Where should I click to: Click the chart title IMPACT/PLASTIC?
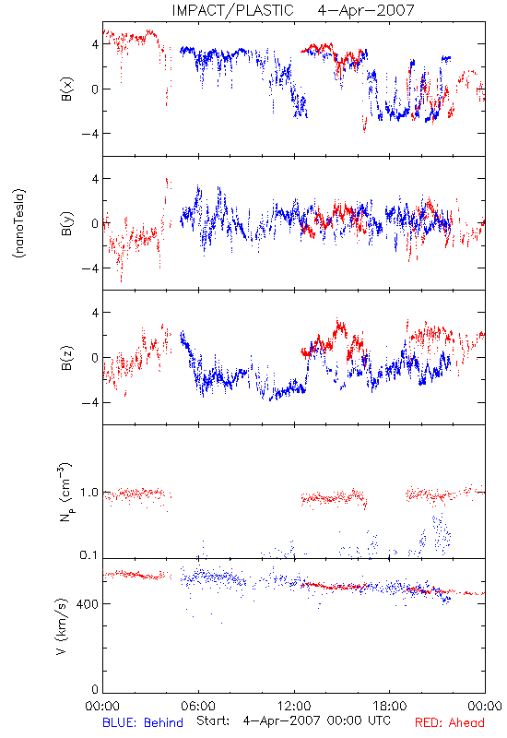pos(232,10)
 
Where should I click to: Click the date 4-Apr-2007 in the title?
pos(366,10)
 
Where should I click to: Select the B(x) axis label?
pos(67,89)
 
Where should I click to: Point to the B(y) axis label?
pos(67,223)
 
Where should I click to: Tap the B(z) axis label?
pos(67,358)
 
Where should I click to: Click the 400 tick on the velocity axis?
pos(88,604)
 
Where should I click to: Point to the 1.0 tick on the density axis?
pos(89,493)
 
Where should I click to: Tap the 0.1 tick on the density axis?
pos(88,555)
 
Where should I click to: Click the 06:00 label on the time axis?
pos(198,707)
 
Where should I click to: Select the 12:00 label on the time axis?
pos(294,707)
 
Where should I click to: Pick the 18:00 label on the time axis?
pos(390,707)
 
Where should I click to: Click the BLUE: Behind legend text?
pos(143,723)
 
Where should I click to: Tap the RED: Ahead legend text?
pos(449,723)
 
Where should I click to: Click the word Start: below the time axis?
pos(213,720)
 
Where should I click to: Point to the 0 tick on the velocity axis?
pos(95,690)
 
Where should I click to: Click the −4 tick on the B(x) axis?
pos(89,134)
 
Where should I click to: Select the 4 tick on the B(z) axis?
pos(95,313)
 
